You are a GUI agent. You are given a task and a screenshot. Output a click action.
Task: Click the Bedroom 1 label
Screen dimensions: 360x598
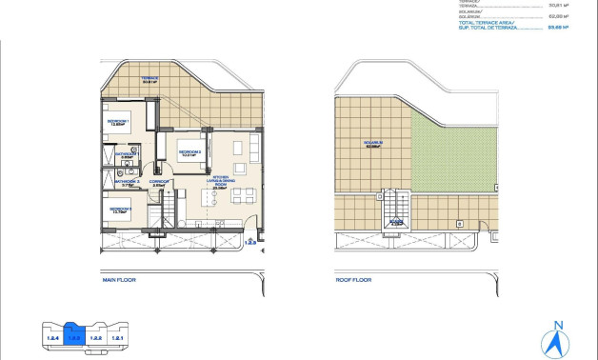[x=118, y=123]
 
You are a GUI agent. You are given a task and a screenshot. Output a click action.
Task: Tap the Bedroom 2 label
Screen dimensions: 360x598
[x=189, y=151]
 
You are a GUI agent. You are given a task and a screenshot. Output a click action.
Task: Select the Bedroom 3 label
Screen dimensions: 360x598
[x=119, y=210]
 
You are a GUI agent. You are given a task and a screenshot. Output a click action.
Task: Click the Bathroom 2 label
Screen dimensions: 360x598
[x=128, y=181]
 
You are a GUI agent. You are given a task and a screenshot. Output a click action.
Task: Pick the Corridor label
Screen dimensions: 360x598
[x=158, y=181]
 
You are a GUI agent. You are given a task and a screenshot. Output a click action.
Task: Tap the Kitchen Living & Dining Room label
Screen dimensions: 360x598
[x=221, y=183]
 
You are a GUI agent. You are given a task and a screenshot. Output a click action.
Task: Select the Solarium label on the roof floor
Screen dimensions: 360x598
[x=371, y=146]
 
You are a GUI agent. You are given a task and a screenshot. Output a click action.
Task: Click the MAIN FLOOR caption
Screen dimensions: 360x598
[x=122, y=282]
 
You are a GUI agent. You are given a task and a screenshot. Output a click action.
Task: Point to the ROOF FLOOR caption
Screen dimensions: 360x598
[x=354, y=282]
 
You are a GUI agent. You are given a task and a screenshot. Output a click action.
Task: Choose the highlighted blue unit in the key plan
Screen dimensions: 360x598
[x=74, y=336]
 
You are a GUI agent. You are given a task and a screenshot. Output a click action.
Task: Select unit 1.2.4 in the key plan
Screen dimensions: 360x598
[x=53, y=337]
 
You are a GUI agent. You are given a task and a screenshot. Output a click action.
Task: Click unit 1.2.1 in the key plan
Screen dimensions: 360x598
[x=118, y=337]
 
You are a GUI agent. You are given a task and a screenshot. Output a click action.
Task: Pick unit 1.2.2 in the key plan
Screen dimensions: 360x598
[x=96, y=337]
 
